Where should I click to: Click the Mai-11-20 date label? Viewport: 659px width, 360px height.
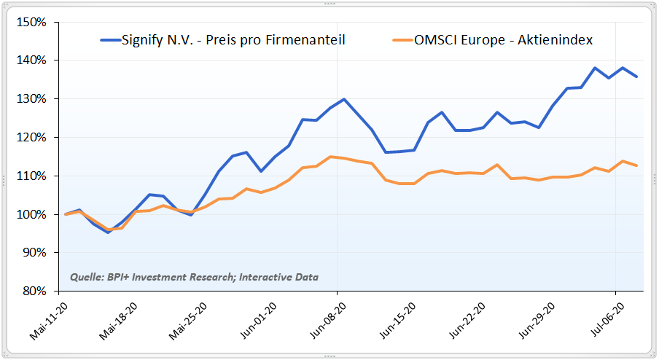pos(49,321)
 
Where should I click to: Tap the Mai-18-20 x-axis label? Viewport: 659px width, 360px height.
pos(119,321)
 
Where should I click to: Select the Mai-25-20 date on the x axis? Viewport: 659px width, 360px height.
pos(189,321)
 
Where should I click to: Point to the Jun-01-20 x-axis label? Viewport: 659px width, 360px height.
pos(259,321)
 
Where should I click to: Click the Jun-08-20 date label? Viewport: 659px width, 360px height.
pos(329,321)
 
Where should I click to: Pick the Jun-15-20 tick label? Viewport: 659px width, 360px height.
pos(399,321)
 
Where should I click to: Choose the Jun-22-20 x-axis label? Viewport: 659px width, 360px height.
pos(469,321)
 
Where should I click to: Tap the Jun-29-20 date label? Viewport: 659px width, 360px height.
pos(539,321)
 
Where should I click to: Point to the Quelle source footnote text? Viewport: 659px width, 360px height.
pos(194,277)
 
